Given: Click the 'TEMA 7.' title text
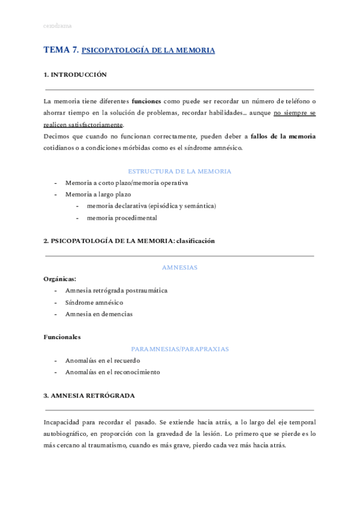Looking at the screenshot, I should click(61, 50).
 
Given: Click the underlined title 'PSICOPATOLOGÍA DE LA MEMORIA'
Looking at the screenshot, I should click(148, 51).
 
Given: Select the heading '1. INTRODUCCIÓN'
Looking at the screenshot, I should click(75, 75).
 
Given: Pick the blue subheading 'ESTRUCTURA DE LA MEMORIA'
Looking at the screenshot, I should click(179, 171).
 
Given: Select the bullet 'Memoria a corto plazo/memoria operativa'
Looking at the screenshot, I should click(127, 182).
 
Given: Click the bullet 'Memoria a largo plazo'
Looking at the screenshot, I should click(98, 194).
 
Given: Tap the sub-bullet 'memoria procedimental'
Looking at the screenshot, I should click(122, 218).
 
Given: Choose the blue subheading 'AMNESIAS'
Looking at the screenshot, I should click(179, 267).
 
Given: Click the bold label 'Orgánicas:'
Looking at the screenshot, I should click(60, 279).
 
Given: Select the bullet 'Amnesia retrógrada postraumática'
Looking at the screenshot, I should click(116, 291).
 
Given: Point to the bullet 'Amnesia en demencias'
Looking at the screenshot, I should click(99, 314).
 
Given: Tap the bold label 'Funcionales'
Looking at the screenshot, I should click(62, 337).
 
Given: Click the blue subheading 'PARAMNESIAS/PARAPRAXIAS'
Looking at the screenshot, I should click(179, 349).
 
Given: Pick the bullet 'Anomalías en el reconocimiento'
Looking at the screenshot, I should click(113, 372).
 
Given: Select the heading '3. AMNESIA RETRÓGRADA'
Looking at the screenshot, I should click(89, 396).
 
